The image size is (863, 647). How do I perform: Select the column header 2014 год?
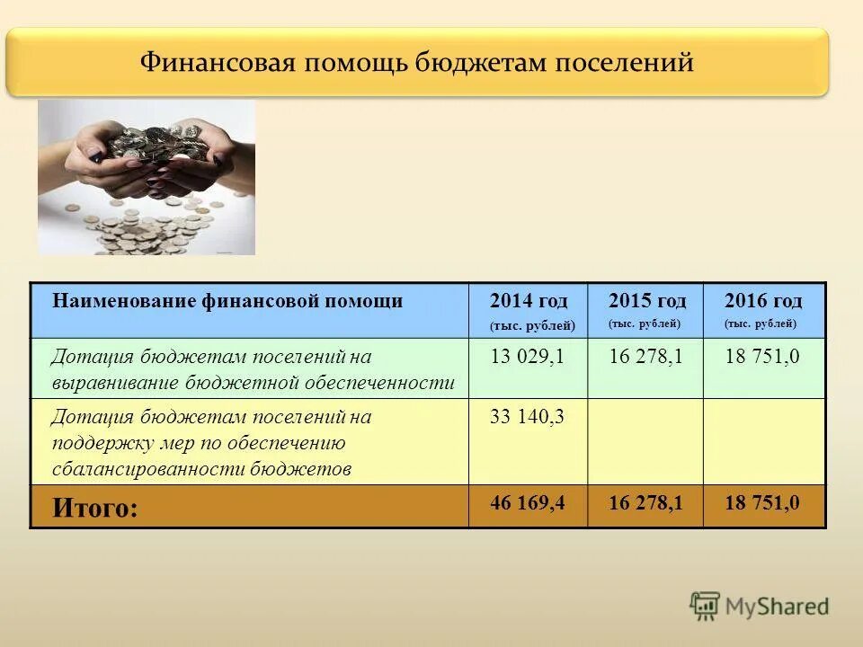(529, 301)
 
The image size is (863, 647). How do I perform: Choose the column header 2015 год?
(646, 300)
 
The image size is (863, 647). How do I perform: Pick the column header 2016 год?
(763, 300)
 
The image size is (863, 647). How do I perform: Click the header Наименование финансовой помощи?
(227, 301)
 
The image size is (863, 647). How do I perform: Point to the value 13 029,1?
(527, 357)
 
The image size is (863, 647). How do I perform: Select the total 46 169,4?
(527, 503)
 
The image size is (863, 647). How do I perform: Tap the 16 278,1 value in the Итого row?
(645, 503)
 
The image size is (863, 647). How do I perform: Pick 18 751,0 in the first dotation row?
(762, 357)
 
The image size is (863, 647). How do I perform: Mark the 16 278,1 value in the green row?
(645, 357)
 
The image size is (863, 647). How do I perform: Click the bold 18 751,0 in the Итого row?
(762, 503)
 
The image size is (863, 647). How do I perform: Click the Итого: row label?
(95, 509)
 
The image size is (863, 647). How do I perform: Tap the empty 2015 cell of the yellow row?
(645, 441)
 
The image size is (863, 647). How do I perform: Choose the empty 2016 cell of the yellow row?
(763, 441)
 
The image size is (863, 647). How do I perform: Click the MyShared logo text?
(778, 607)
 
